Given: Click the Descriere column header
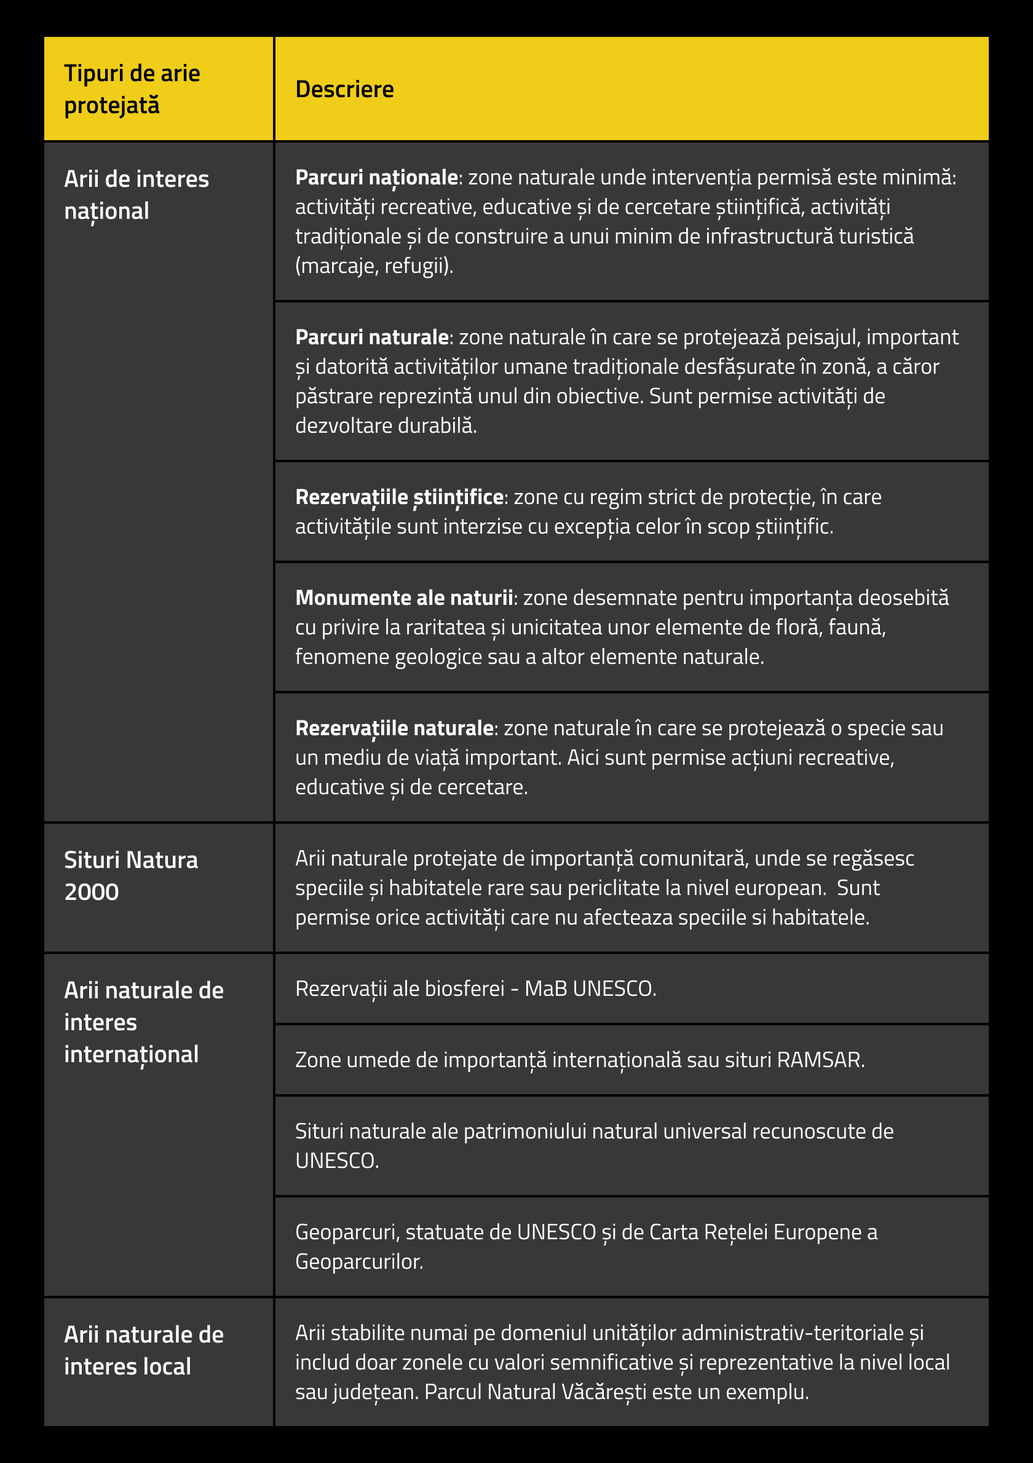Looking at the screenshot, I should pos(344,89).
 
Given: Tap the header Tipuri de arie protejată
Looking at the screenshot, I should pos(132,89).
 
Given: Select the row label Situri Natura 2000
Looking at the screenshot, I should pos(130,875).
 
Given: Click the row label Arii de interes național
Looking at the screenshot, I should pos(137,195).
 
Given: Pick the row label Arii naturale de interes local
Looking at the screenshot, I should pos(143,1351).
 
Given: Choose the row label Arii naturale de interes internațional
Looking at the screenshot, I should pos(143,1022).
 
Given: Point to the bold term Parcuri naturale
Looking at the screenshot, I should pos(372,337).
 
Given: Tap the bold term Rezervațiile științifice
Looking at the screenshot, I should pos(400,497).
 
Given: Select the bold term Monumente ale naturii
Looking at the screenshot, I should pos(404,597).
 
